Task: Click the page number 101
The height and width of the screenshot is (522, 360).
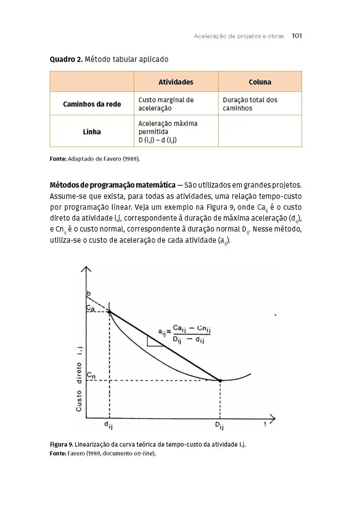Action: pyautogui.click(x=296, y=36)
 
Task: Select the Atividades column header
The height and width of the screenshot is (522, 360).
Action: pyautogui.click(x=176, y=82)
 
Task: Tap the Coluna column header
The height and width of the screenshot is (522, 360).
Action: pyautogui.click(x=260, y=82)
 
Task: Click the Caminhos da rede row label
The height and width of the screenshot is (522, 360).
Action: pyautogui.click(x=92, y=104)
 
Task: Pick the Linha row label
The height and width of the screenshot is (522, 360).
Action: pyautogui.click(x=92, y=131)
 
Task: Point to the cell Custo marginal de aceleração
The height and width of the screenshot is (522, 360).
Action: pyautogui.click(x=166, y=104)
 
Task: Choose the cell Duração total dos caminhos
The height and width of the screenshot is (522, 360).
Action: pyautogui.click(x=250, y=104)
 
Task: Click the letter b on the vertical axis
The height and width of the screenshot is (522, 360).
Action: pyautogui.click(x=89, y=294)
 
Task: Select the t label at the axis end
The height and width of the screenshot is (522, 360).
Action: pyautogui.click(x=265, y=425)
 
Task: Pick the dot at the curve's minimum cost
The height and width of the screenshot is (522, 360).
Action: pyautogui.click(x=220, y=381)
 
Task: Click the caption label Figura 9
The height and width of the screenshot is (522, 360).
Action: pyautogui.click(x=61, y=445)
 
